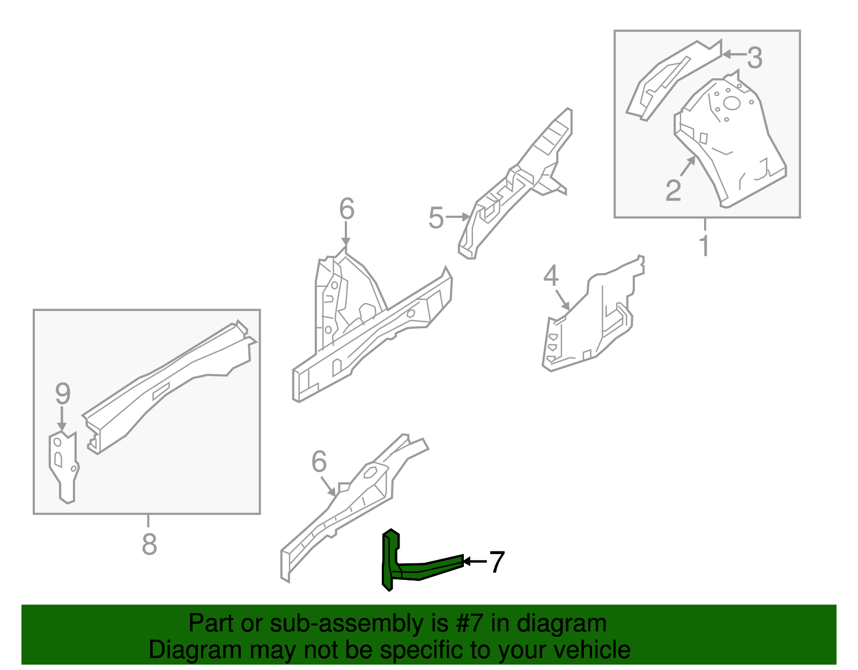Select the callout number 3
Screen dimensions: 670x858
tap(755, 57)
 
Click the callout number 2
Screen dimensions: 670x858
tap(673, 190)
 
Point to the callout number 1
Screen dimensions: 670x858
tap(705, 246)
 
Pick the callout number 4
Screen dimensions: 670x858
tap(551, 276)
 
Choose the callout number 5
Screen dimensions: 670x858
tap(436, 218)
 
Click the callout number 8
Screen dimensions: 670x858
tap(149, 544)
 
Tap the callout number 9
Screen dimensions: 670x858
tap(63, 394)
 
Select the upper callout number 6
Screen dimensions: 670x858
tap(347, 209)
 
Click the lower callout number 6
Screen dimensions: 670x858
tap(319, 461)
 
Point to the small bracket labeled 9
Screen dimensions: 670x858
tap(64, 467)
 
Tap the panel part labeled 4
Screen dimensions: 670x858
tap(590, 322)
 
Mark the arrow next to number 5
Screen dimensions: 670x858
tap(457, 217)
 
